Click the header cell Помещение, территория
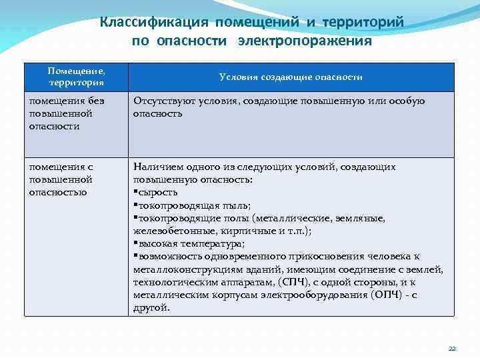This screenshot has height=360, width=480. [77, 77]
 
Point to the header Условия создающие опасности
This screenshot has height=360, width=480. [291, 77]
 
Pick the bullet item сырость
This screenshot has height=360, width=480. [157, 193]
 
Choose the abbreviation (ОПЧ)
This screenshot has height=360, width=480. [387, 294]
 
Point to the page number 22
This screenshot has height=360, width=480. [452, 349]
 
